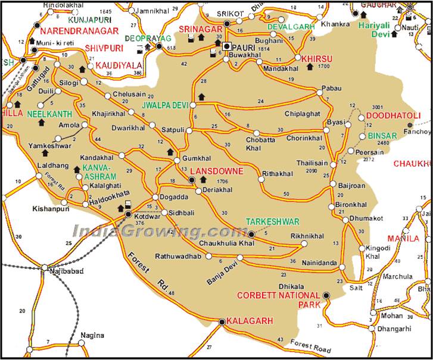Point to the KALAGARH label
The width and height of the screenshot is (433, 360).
click(250, 321)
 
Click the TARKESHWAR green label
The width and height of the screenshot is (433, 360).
click(273, 221)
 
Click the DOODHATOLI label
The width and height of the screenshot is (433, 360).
click(393, 115)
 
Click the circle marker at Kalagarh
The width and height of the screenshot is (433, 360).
click(222, 322)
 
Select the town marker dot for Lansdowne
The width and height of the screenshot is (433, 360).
click(192, 180)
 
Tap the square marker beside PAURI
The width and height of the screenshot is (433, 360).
click(227, 45)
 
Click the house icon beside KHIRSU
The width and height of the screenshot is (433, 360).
click(309, 67)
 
